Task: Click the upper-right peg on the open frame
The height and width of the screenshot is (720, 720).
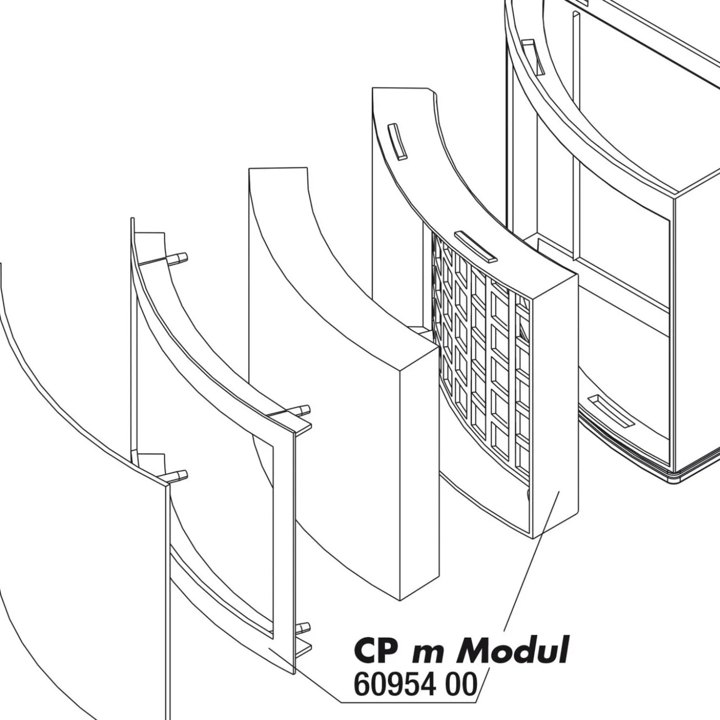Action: click(x=301, y=410)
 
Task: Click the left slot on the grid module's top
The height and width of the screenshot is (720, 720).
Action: click(x=397, y=142)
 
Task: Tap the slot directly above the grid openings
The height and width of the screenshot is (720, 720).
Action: click(x=475, y=247)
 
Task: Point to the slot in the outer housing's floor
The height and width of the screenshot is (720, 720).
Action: click(x=611, y=410)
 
